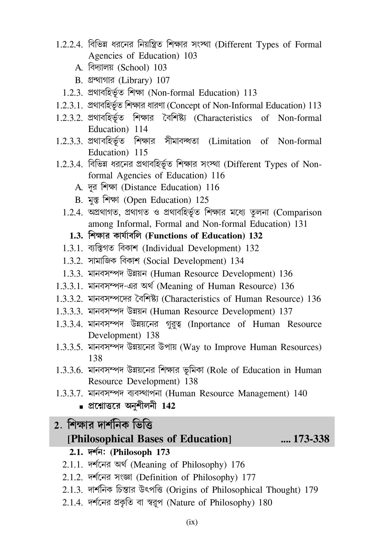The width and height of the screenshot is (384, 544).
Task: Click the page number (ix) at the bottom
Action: click(x=192, y=522)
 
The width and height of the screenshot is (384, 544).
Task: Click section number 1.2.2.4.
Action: click(x=69, y=45)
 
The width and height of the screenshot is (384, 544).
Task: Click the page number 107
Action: click(x=163, y=80)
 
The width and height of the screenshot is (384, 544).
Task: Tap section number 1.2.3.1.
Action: click(x=69, y=106)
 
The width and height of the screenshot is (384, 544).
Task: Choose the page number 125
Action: click(x=202, y=200)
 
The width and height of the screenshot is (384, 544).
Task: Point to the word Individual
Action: click(x=164, y=248)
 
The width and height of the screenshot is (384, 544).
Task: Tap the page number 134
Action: click(x=237, y=261)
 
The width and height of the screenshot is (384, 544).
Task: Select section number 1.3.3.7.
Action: click(x=69, y=393)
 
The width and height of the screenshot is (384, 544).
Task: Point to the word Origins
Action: click(x=183, y=490)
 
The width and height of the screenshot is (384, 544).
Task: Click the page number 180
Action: click(x=265, y=503)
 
